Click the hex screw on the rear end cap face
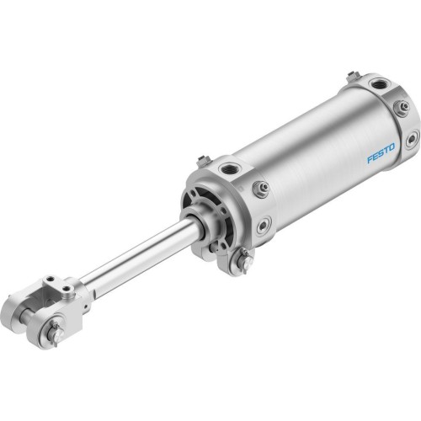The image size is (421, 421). click(402, 107)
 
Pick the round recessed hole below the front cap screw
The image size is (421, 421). click(264, 225)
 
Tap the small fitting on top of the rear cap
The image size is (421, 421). click(353, 77)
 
